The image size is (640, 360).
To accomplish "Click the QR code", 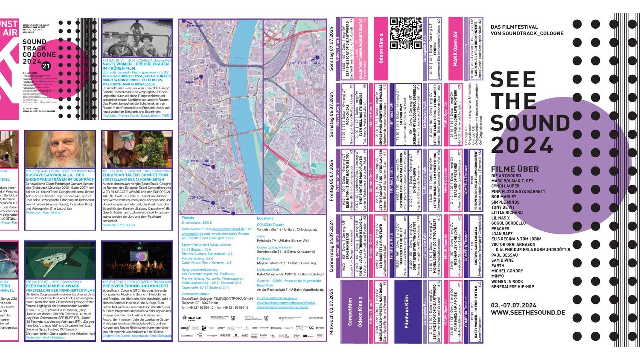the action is (x=406, y=33).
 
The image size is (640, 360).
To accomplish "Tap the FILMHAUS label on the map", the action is (x=195, y=26).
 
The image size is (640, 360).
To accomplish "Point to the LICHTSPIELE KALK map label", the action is (x=305, y=63).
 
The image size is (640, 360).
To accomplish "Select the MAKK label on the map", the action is (x=191, y=82).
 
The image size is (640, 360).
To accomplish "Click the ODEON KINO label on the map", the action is (x=199, y=161).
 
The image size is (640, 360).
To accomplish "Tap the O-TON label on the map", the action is (x=220, y=208).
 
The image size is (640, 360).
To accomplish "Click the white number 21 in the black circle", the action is (x=46, y=66).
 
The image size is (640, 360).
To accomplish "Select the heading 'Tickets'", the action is (x=188, y=218).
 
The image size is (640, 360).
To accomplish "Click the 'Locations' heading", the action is (x=265, y=218).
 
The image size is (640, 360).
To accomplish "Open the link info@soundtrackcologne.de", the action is (x=277, y=298).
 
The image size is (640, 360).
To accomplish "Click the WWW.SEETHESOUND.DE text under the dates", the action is (x=528, y=313).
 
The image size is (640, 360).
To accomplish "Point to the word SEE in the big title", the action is (x=513, y=80).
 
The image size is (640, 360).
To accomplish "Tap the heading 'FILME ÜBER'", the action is (x=515, y=169).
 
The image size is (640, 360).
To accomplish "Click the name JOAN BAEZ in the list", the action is (x=502, y=234).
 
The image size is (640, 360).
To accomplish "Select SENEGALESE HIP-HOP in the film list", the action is (x=512, y=287).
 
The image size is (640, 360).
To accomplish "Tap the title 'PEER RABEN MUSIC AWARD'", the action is (x=53, y=286).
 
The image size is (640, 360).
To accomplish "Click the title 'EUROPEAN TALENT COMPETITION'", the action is (x=135, y=175).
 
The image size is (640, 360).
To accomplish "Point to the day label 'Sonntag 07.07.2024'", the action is (x=331, y=49).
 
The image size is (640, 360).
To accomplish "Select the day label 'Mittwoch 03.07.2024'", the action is (x=331, y=311).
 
